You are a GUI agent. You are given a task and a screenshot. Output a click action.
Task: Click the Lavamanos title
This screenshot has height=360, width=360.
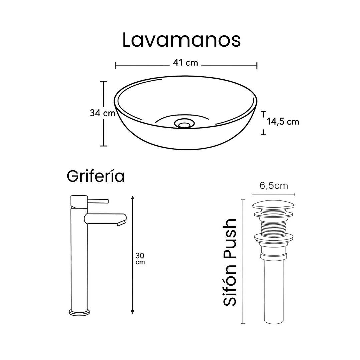point(181,40)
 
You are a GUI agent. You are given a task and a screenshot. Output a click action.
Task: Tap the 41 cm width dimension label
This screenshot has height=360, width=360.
point(185,63)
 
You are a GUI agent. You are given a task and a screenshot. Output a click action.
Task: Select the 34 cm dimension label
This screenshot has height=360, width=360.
point(102,113)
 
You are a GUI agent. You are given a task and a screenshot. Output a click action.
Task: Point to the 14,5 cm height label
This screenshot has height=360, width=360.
point(283,122)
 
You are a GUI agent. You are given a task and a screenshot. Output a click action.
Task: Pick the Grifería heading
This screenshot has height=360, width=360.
point(96,176)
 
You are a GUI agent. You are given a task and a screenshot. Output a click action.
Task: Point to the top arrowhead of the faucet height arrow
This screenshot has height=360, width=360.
point(133,198)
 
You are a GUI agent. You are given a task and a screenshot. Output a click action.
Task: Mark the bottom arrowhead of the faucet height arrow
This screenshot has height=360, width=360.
point(133,312)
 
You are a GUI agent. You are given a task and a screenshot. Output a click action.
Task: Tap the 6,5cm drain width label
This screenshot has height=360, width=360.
point(273,185)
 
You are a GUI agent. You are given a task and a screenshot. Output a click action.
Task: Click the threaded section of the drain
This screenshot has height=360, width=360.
point(273,226)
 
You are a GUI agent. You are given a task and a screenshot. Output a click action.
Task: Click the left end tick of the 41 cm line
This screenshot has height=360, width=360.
point(115,65)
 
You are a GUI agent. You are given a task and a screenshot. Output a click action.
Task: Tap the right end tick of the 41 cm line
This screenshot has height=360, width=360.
point(257,65)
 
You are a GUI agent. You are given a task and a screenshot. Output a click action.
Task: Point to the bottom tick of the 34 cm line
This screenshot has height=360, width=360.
point(104,146)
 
